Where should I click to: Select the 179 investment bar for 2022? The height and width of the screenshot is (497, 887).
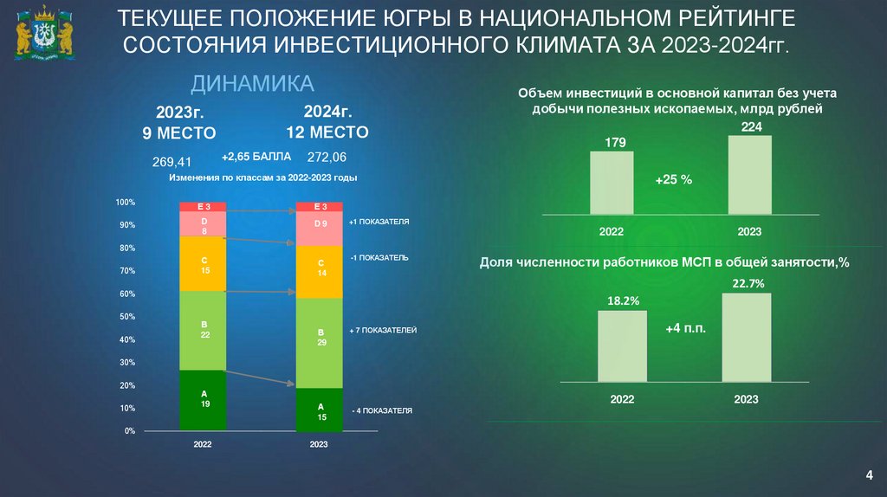click(x=612, y=183)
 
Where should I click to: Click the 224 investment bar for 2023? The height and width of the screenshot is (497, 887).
click(x=750, y=175)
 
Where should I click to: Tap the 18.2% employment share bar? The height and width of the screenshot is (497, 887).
click(x=622, y=345)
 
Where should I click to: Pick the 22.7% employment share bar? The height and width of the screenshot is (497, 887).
click(x=746, y=337)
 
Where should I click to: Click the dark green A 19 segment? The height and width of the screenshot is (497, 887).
click(x=203, y=400)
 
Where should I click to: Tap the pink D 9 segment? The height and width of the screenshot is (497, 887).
click(x=320, y=229)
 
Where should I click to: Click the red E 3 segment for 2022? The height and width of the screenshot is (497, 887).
click(x=203, y=207)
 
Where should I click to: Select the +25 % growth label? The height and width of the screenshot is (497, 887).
click(x=673, y=179)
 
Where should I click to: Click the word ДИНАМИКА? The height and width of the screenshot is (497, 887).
click(x=252, y=83)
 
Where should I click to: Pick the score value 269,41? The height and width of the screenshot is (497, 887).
click(x=172, y=161)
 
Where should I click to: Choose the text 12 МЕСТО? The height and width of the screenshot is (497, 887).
click(x=327, y=132)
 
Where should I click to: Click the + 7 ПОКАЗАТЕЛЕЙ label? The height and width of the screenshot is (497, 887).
click(x=384, y=331)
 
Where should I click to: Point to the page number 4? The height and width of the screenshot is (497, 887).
click(x=869, y=474)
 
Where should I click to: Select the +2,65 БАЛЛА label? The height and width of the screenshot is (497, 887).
click(x=256, y=157)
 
